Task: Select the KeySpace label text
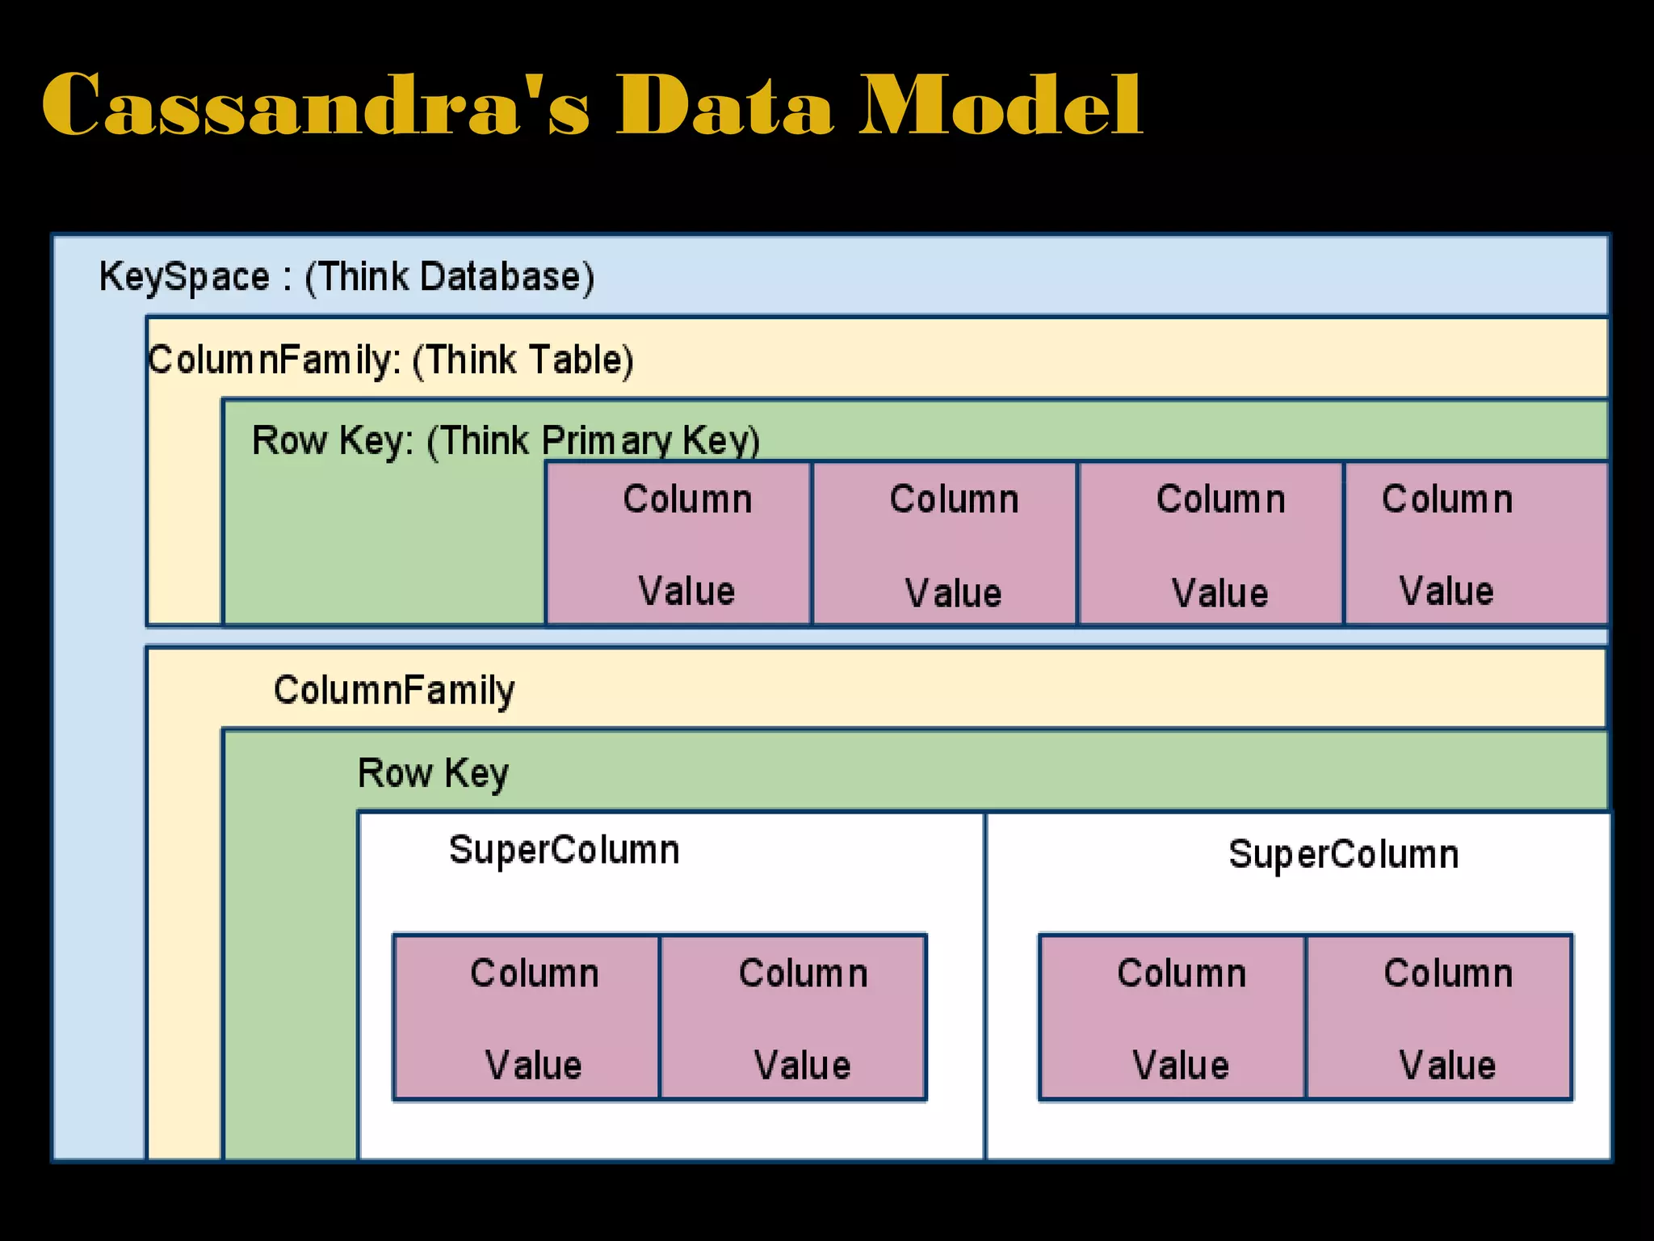(x=184, y=277)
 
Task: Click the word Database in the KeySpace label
(x=501, y=277)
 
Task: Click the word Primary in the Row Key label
(x=606, y=441)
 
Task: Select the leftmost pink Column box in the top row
(x=678, y=543)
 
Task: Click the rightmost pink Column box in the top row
(x=1476, y=543)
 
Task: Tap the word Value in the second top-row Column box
(x=953, y=593)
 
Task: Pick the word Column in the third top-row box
(x=1220, y=499)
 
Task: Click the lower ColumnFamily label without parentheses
(x=394, y=691)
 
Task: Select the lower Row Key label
(x=433, y=773)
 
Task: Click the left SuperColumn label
(x=564, y=851)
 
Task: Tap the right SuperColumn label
(x=1343, y=855)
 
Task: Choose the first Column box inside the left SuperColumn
(x=527, y=1017)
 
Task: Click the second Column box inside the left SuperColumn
(x=793, y=1017)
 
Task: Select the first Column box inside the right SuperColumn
(x=1173, y=1017)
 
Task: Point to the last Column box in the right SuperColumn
(x=1439, y=1017)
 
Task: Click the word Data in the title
(x=724, y=105)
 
